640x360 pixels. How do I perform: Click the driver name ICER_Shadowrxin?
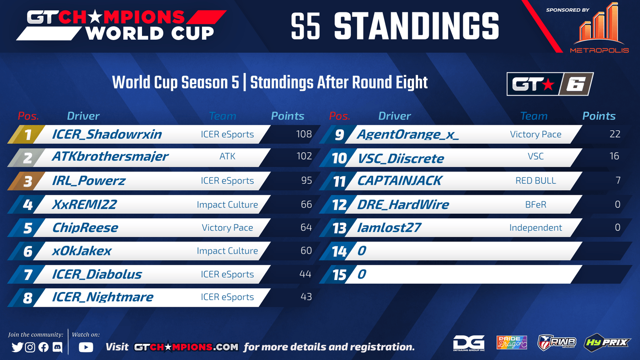coord(107,134)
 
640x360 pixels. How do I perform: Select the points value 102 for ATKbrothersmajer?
coord(304,156)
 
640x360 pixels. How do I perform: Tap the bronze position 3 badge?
coord(26,181)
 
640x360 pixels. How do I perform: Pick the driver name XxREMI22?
coord(84,204)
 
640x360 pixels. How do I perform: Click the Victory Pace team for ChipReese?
coord(228,228)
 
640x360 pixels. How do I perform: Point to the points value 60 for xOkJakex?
coord(306,250)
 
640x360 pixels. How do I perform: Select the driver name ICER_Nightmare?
coord(102,297)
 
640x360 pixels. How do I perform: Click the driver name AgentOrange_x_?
coord(408,134)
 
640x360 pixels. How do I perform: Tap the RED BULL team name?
coord(536,180)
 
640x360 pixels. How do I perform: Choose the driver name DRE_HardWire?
coord(403,204)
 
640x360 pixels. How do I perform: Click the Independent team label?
coord(536,228)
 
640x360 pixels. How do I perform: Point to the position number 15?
coord(340,275)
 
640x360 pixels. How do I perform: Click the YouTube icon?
coord(86,347)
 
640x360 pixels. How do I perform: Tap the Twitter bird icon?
coord(17,347)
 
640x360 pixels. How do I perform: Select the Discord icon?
coord(58,347)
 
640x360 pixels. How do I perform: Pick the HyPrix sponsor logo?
coord(607,342)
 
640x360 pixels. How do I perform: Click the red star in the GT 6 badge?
coord(548,85)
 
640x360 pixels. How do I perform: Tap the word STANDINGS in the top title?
coord(416,26)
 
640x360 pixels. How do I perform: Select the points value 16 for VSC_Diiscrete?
coord(614,156)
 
